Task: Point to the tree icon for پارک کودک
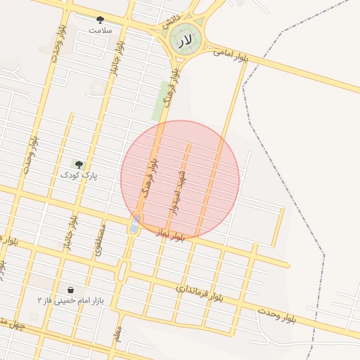(78, 164)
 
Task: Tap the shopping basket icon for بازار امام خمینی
(71, 290)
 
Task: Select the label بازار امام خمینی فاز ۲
(70, 300)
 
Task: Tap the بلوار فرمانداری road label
(199, 293)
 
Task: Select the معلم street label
(117, 328)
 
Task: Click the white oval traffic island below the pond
(122, 271)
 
